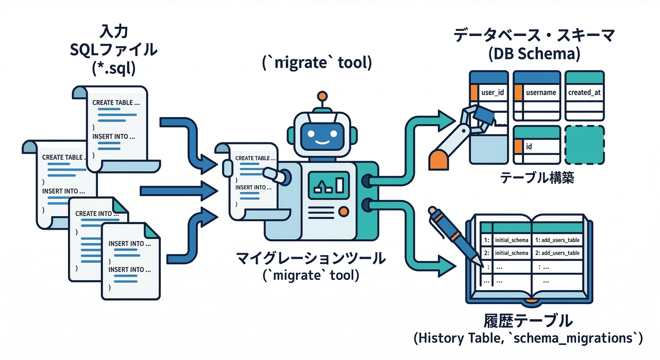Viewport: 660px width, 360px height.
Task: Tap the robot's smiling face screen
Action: (x=322, y=134)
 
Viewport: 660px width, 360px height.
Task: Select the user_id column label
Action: (x=492, y=92)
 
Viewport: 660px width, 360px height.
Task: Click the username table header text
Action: (x=541, y=92)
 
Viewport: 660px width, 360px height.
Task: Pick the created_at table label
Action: (x=584, y=92)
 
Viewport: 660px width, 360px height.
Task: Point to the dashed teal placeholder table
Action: (x=584, y=145)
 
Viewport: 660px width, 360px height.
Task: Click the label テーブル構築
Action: (x=537, y=179)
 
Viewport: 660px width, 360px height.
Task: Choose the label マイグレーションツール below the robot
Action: (x=311, y=258)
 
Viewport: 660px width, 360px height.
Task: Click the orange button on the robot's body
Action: (x=344, y=211)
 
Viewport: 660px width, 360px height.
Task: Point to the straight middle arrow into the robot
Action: (x=178, y=190)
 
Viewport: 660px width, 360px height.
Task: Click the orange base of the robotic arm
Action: (x=440, y=159)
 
